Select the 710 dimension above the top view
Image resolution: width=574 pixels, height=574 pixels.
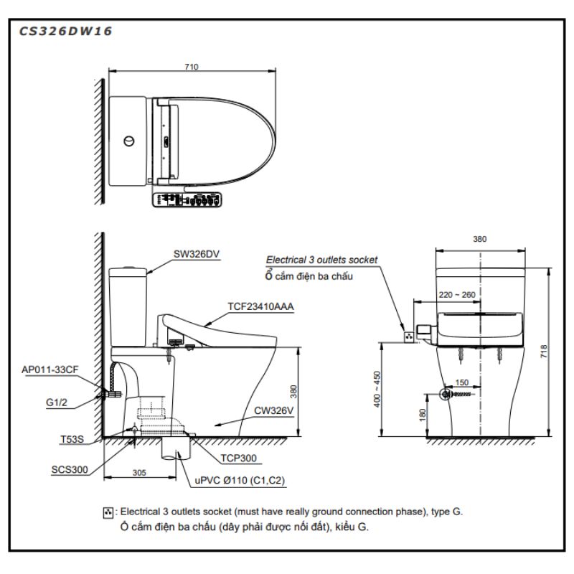click(190, 66)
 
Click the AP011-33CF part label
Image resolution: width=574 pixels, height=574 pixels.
click(50, 369)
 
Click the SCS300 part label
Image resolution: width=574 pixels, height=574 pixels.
click(69, 470)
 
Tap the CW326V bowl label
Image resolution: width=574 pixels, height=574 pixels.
click(273, 412)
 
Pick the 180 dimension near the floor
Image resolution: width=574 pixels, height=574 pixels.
click(422, 414)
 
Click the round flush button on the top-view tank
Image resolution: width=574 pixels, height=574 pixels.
click(129, 141)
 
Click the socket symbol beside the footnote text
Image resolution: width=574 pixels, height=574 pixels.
click(108, 512)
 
